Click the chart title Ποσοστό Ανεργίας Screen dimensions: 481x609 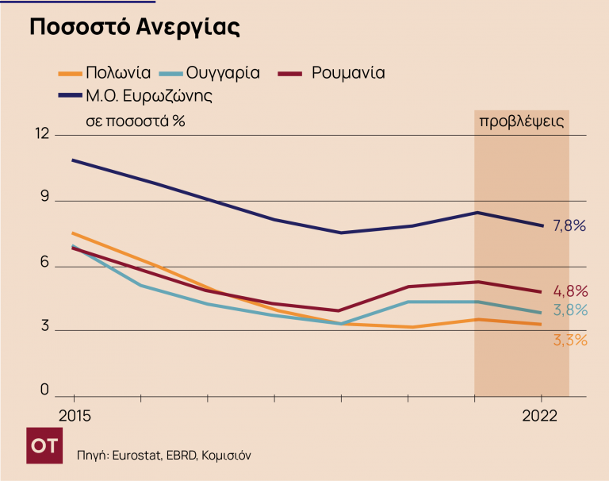pyautogui.click(x=134, y=27)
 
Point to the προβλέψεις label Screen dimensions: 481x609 pyautogui.click(x=521, y=121)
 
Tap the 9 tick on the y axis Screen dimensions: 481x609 pyautogui.click(x=44, y=199)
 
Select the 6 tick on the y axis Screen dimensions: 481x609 pyautogui.click(x=44, y=264)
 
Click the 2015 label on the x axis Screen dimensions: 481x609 pyautogui.click(x=74, y=416)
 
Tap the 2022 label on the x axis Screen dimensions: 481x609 pyautogui.click(x=540, y=416)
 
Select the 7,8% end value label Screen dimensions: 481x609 pyautogui.click(x=569, y=226)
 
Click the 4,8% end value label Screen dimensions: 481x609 pyautogui.click(x=570, y=291)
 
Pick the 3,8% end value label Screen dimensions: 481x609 pyautogui.click(x=570, y=310)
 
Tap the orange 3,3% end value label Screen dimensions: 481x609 pyautogui.click(x=569, y=341)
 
